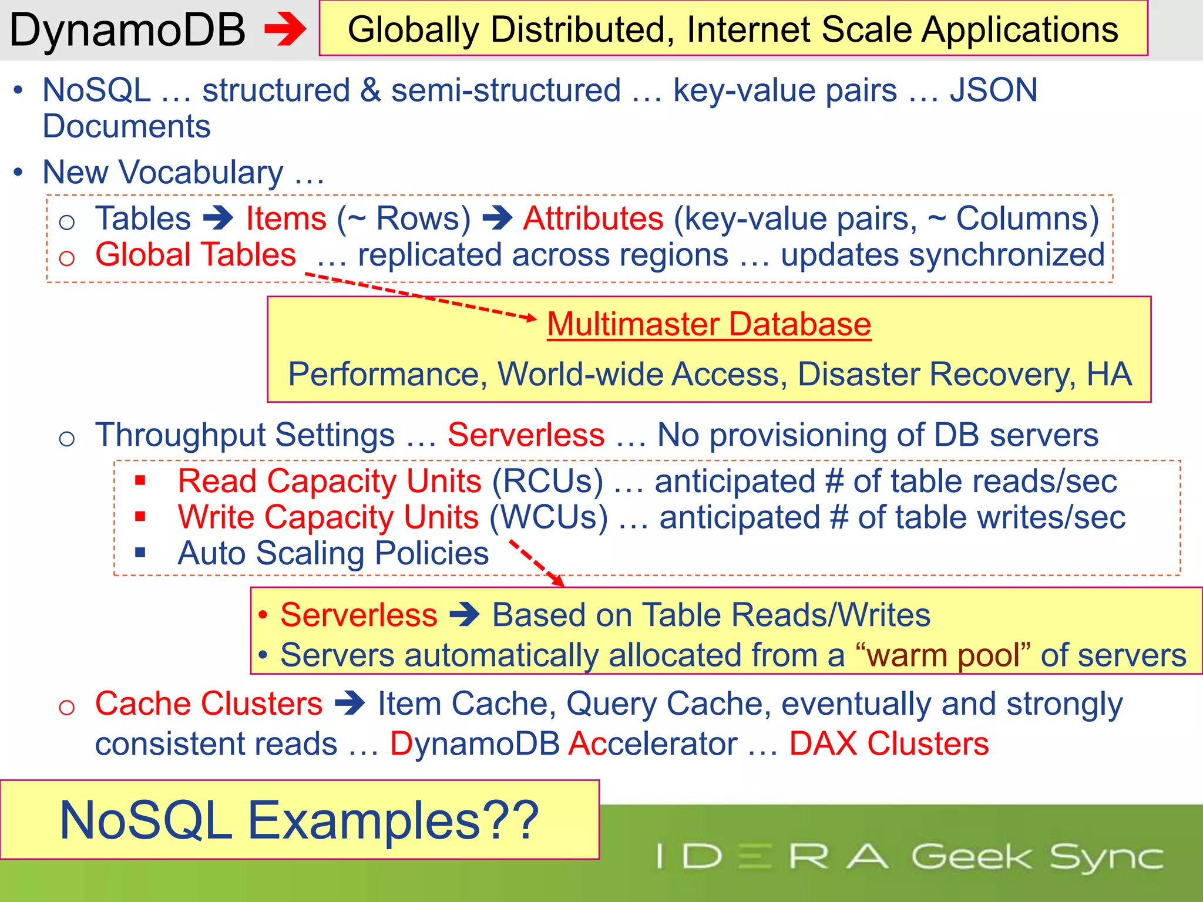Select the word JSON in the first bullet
tap(993, 90)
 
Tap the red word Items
tap(286, 218)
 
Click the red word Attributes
tap(593, 218)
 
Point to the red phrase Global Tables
tap(196, 255)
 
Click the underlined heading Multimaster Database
tap(709, 324)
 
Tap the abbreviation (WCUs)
tap(549, 517)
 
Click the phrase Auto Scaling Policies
tap(333, 553)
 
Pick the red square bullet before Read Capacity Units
tap(140, 481)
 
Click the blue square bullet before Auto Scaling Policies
tap(140, 553)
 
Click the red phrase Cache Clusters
tap(209, 704)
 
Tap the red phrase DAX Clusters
tap(889, 743)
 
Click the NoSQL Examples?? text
tap(299, 820)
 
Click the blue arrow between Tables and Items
tap(219, 218)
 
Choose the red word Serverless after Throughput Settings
tap(526, 435)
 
